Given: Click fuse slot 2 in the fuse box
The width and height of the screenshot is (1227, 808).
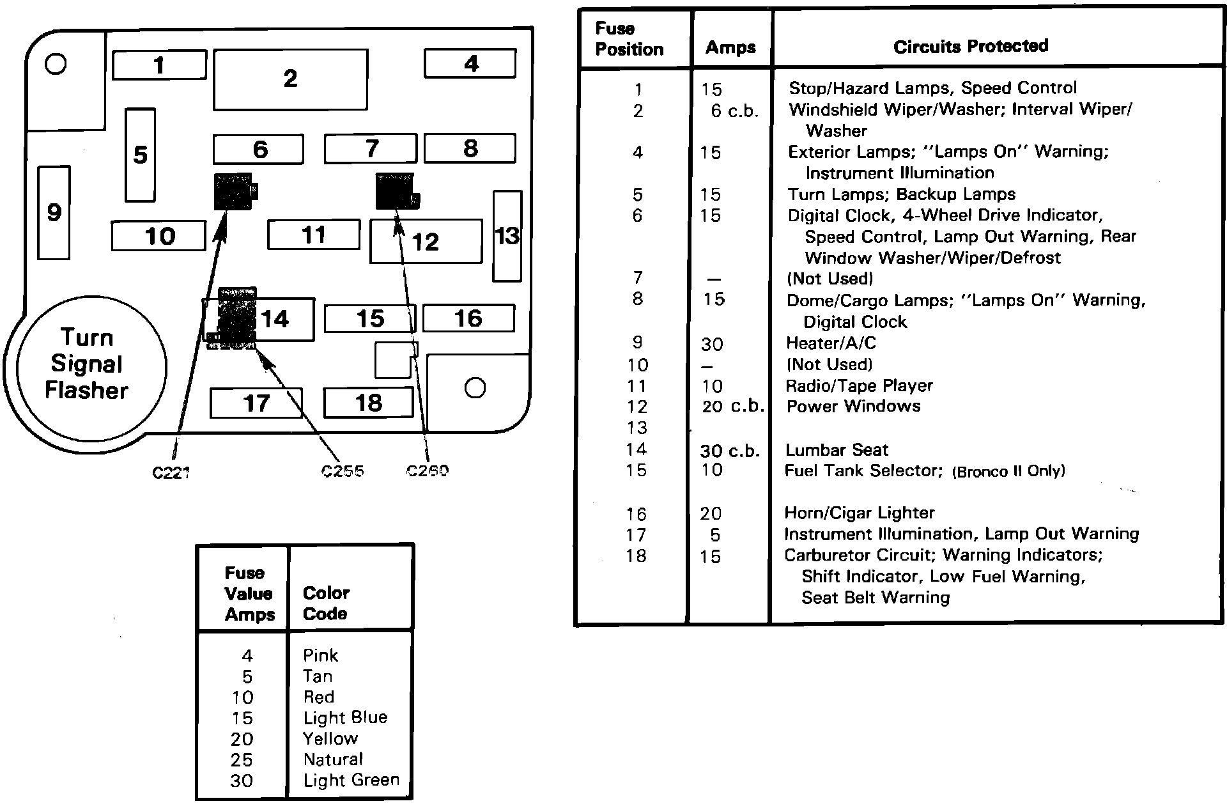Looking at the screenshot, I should (x=290, y=79).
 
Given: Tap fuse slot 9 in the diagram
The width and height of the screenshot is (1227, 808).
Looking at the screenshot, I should (x=54, y=212).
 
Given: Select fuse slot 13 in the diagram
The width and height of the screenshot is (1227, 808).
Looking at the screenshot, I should (x=507, y=236).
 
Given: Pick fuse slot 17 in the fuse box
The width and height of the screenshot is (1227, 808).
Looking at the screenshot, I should (x=256, y=403).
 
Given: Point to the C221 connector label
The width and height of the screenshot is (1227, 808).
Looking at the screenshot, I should (x=171, y=472).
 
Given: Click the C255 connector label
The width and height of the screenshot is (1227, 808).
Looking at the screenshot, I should (x=343, y=471).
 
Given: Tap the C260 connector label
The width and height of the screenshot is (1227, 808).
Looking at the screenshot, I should (x=428, y=470).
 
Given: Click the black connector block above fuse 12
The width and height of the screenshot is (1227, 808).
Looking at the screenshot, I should (x=396, y=190).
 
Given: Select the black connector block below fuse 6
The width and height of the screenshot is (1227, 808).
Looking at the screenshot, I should (x=235, y=191).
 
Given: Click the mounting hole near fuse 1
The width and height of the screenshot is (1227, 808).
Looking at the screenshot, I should (x=56, y=63).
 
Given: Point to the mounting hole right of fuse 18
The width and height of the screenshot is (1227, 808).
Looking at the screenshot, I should (x=475, y=388).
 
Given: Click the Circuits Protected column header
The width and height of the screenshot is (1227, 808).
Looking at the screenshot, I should (x=970, y=46).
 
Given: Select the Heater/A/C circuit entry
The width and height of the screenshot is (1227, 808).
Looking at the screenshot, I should (x=830, y=343).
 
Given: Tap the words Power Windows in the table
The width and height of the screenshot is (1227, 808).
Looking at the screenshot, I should (x=853, y=407).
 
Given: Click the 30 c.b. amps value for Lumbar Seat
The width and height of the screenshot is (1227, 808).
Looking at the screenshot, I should (x=729, y=451).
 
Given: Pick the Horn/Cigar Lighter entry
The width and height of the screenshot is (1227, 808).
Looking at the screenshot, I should (x=859, y=513).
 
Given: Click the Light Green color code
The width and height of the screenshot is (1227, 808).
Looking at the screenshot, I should (x=351, y=780).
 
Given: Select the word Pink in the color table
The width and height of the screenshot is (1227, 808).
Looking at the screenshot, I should (x=320, y=655).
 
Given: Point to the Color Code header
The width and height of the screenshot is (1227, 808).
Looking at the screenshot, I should (x=326, y=603).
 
